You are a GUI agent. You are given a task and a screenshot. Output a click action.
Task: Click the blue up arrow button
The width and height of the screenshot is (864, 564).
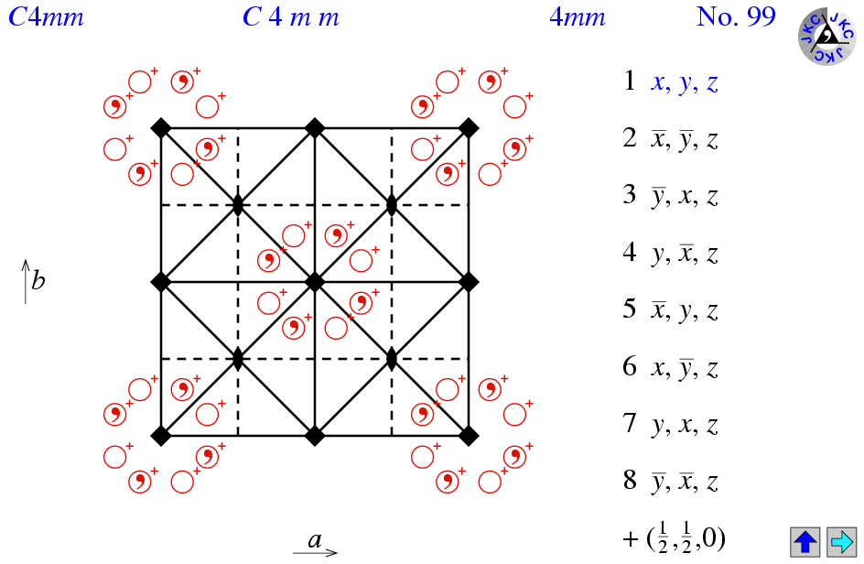[x=806, y=540]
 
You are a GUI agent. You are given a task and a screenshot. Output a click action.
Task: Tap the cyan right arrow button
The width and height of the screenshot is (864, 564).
[x=840, y=540]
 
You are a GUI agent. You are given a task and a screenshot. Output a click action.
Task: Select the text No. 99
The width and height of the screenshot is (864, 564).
[x=736, y=16]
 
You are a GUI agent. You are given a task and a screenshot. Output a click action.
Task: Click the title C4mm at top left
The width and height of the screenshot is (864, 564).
[x=46, y=16]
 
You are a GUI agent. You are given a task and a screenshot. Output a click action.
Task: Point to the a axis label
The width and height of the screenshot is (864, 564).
[x=315, y=540]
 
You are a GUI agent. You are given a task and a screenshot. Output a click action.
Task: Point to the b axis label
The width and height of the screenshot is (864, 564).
[x=38, y=279]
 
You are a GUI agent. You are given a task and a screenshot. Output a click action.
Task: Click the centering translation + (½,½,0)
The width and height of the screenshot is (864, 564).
[x=675, y=537]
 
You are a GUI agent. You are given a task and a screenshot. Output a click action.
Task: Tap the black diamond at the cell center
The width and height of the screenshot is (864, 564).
[x=315, y=281]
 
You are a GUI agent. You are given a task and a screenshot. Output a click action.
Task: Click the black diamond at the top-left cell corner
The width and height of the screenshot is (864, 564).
[x=161, y=127]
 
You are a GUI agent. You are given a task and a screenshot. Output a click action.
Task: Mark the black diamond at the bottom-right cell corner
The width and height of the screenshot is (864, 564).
[x=469, y=435]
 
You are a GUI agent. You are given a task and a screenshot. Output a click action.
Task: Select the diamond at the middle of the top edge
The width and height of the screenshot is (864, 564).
[x=315, y=127]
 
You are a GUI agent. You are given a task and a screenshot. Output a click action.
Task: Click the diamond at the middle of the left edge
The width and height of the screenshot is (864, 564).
[x=161, y=281]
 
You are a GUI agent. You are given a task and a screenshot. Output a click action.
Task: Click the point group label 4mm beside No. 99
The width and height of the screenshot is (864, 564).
[x=578, y=16]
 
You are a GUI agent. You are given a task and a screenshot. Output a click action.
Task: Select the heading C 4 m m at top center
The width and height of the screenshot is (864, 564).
[x=291, y=16]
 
